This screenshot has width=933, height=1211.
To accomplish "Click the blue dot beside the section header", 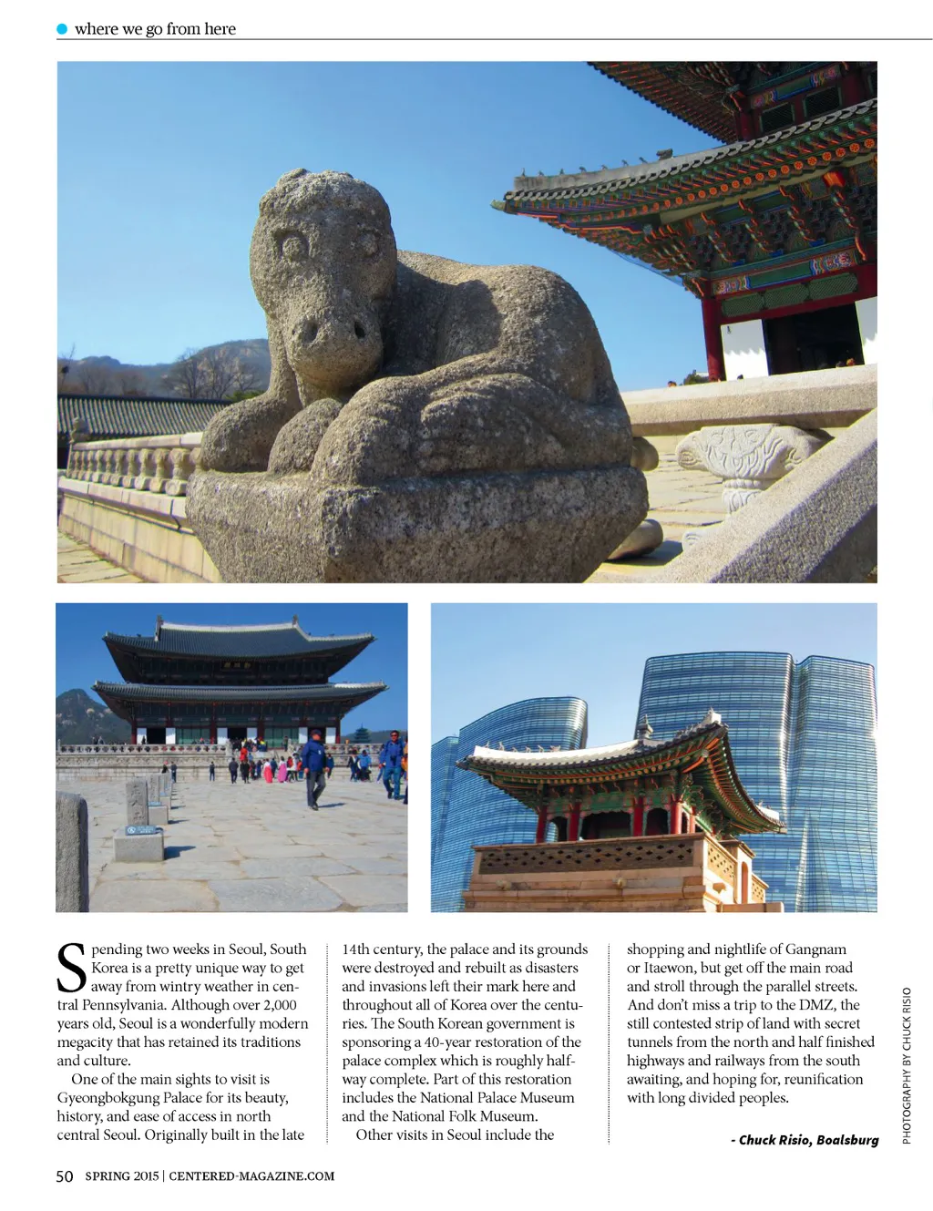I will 62,29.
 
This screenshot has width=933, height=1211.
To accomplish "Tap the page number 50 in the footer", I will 65,1176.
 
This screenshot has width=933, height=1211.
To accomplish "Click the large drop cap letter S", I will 72,968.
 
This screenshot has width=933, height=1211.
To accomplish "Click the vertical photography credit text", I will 907,1065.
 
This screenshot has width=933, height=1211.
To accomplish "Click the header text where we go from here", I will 155,29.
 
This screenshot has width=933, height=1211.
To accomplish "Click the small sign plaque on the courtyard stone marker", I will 141,830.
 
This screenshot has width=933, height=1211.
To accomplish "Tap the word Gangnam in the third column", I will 815,949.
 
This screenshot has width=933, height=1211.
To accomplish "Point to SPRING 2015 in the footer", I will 122,1176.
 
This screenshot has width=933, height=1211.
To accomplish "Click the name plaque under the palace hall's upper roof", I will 237,665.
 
